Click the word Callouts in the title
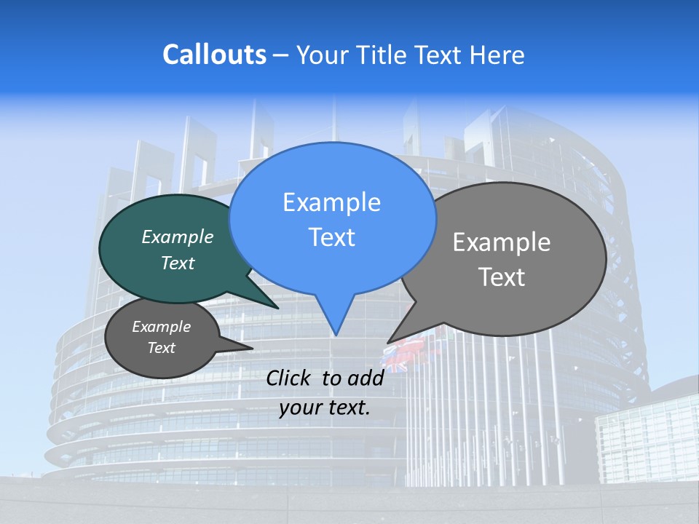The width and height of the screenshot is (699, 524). point(214,55)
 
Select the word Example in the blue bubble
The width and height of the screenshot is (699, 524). point(331,202)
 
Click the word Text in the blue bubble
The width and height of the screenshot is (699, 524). point(331,237)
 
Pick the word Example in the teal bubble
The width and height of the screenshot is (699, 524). point(178,237)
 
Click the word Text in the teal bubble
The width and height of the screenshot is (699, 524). point(178,263)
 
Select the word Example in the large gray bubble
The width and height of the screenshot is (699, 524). point(502,242)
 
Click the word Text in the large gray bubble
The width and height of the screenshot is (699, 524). point(502,277)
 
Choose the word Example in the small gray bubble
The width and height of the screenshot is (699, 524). point(162,327)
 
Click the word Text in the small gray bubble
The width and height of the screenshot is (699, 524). point(162,348)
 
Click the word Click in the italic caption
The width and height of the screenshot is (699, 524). point(289,378)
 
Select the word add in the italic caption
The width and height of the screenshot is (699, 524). point(366,378)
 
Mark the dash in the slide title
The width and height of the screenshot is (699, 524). point(280,55)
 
